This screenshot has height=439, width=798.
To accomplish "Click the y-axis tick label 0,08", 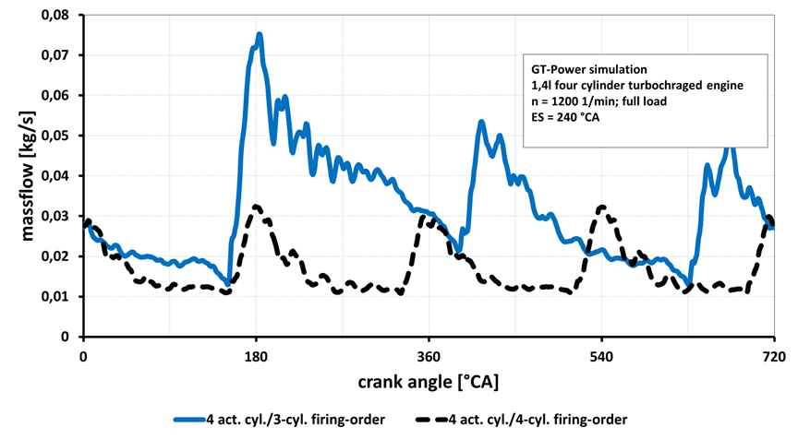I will (x=58, y=15).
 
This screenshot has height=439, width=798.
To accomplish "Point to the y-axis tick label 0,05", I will (x=58, y=136).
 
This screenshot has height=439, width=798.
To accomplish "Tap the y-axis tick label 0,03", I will (x=58, y=216).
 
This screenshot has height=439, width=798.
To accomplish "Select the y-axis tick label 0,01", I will (x=58, y=297).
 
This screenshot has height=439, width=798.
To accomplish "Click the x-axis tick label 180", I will (x=256, y=356).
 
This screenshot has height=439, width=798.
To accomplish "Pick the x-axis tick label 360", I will (x=429, y=356).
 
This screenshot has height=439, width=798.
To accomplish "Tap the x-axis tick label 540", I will (x=601, y=356).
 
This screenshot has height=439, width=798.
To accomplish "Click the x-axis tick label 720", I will (x=773, y=356).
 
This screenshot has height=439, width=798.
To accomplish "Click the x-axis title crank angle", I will (x=429, y=381).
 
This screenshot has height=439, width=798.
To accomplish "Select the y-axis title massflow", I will (x=27, y=175).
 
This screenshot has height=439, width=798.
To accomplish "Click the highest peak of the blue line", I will (x=260, y=34).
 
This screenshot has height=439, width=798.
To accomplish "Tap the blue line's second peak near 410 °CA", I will (x=481, y=121).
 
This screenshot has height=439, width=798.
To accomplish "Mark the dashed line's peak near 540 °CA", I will (x=601, y=207).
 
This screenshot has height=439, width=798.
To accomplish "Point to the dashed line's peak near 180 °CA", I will (x=256, y=206).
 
